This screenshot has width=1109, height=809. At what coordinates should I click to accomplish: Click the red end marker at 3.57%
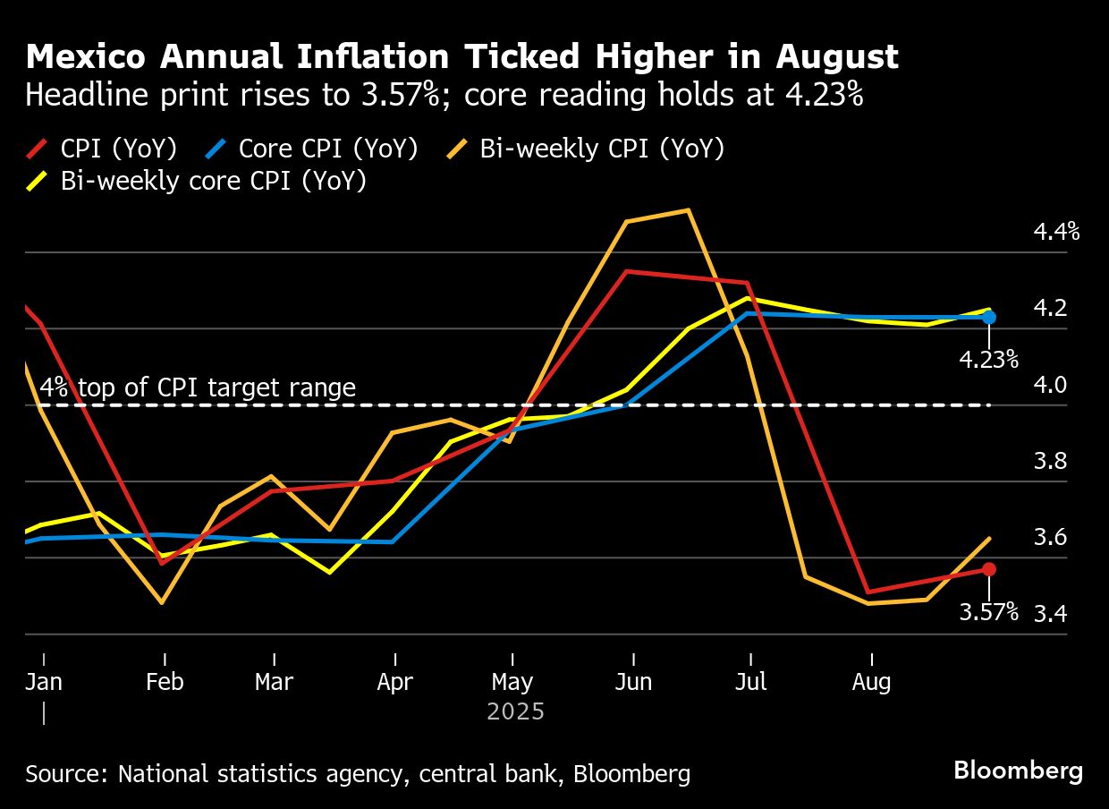pos(988,569)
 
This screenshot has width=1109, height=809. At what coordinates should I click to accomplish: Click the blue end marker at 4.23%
pos(988,317)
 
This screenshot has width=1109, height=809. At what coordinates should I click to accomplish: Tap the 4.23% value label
pos(988,360)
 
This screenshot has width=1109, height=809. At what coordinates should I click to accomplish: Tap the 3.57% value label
pos(988,612)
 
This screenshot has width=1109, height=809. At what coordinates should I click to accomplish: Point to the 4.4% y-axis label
pos(1056,233)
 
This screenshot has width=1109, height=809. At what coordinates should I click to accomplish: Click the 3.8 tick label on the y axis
pos(1050,462)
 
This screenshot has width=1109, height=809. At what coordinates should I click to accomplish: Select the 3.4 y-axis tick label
pos(1050,614)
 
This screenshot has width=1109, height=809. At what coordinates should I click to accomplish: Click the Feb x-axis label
pos(165,682)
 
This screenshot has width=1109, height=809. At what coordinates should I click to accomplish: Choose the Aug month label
pos(871,682)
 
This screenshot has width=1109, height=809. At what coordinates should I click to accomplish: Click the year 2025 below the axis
pos(515,712)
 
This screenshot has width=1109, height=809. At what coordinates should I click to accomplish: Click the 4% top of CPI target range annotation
pos(198,387)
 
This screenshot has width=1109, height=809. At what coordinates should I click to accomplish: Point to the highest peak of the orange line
pos(687,210)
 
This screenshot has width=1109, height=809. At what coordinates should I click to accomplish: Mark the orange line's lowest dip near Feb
pos(162,602)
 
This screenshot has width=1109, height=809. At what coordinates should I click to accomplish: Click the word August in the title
pos(836,57)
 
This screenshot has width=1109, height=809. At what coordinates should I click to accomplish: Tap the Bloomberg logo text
pos(1018,771)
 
